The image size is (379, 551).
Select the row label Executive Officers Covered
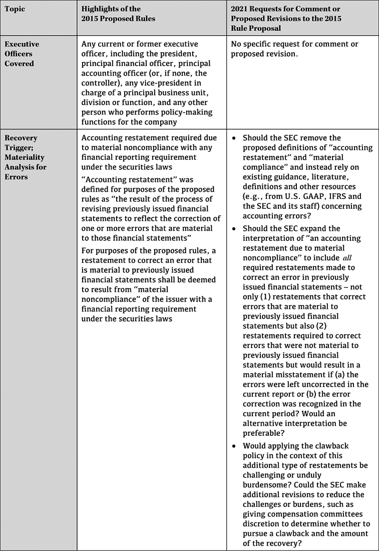[x=22, y=54]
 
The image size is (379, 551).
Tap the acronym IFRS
[x=330, y=196]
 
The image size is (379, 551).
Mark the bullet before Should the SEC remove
[x=234, y=138]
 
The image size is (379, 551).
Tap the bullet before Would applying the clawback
[x=234, y=446]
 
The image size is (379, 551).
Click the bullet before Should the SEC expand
[x=234, y=228]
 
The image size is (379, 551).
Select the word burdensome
[x=264, y=485]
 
